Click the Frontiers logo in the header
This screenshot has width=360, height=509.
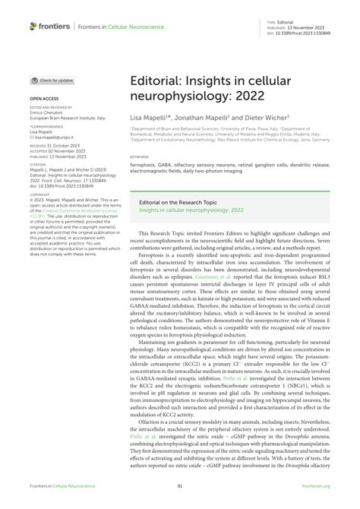[x=50, y=26]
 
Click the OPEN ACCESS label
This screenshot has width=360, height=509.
[x=44, y=99]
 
